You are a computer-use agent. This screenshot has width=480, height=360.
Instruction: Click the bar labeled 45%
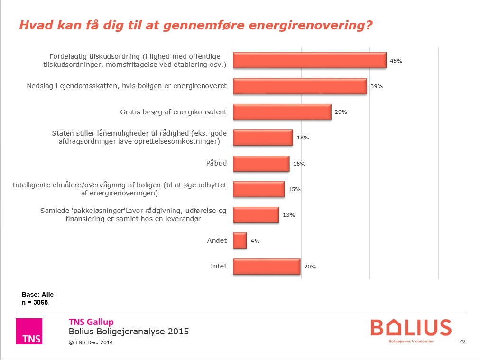click(x=310, y=61)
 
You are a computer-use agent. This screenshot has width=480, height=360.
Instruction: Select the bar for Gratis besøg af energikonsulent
click(x=282, y=112)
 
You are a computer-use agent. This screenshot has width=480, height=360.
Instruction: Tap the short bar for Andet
click(x=240, y=240)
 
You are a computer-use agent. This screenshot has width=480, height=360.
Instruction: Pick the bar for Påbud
click(x=261, y=164)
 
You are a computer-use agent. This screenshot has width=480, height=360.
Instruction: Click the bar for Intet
click(x=267, y=266)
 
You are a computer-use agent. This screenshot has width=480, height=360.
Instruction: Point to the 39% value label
click(x=376, y=86)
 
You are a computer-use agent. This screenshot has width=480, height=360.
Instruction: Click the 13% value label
click(x=289, y=215)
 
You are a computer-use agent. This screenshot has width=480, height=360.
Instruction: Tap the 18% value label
click(x=303, y=138)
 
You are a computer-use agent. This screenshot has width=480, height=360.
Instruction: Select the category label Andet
click(x=217, y=240)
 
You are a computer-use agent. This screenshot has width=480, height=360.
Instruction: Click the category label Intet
click(x=218, y=266)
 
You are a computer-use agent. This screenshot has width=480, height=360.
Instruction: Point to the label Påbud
click(x=216, y=163)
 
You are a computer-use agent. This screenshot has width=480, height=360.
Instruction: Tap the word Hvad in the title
click(x=33, y=26)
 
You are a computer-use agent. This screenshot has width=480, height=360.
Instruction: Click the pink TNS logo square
click(x=29, y=331)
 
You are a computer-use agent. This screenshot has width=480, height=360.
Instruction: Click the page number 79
click(x=462, y=342)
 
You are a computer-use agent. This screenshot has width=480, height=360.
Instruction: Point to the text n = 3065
click(x=35, y=302)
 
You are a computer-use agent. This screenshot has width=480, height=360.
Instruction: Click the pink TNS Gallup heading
click(x=91, y=322)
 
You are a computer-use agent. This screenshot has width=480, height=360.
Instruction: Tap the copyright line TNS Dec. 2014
click(x=91, y=342)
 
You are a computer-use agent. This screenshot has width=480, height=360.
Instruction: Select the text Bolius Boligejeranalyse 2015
click(x=129, y=332)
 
